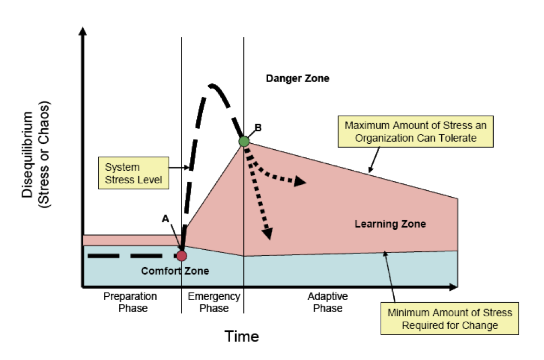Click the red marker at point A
click(x=182, y=255)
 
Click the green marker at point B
click(x=244, y=141)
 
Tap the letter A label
click(x=165, y=218)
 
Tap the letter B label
click(x=258, y=128)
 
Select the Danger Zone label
click(x=297, y=78)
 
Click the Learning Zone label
click(x=390, y=224)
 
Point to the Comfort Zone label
click(x=175, y=271)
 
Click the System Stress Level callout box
click(x=134, y=173)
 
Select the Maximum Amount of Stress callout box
click(x=416, y=131)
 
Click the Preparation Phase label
click(x=130, y=302)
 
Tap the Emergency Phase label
click(x=214, y=302)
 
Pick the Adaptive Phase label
click(x=328, y=302)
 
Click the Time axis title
click(x=242, y=336)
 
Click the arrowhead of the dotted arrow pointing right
click(x=301, y=183)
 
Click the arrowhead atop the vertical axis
click(x=83, y=30)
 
